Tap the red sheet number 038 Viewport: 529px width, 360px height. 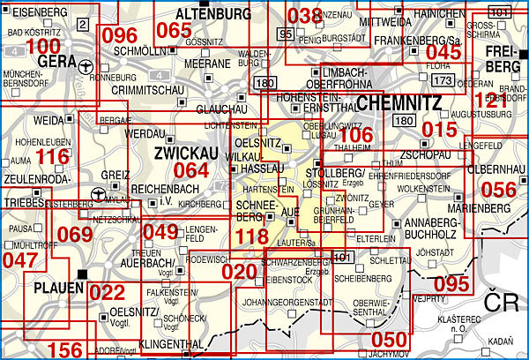(305, 16)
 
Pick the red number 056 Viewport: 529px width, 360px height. (498, 189)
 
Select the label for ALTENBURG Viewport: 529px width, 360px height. (213, 14)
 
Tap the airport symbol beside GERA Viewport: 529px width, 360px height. (85, 66)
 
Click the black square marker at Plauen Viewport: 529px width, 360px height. (82, 274)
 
